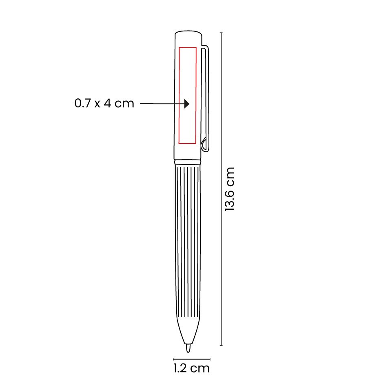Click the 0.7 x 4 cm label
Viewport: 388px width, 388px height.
104,103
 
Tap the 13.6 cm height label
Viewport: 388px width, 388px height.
229,189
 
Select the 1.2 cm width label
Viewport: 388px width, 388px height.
191,368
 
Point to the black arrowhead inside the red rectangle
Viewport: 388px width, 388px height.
187,104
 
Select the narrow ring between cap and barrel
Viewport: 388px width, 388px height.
188,162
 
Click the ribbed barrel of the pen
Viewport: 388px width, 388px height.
188,241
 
